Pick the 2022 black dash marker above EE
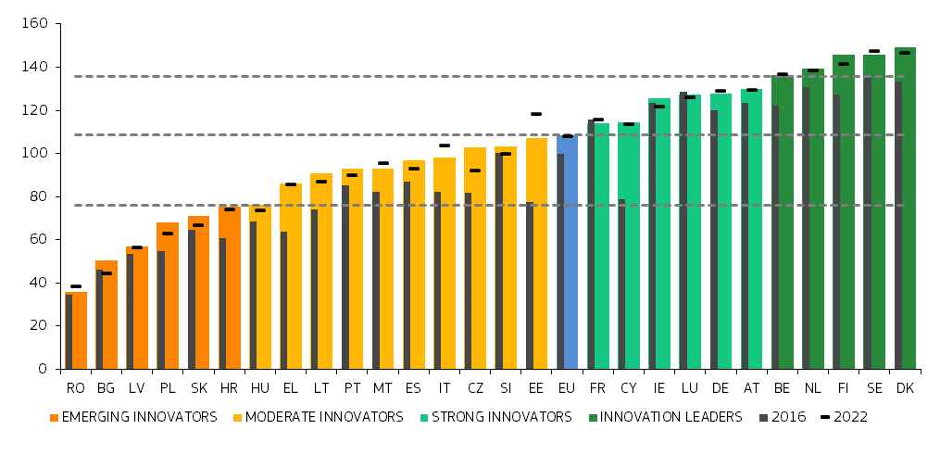[x=536, y=114]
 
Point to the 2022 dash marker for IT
[x=445, y=145]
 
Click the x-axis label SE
[x=874, y=388]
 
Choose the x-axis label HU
[x=260, y=388]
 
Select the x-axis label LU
[x=690, y=388]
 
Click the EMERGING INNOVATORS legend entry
[x=132, y=418]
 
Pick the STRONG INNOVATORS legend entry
[x=495, y=418]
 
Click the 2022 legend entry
[x=844, y=418]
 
